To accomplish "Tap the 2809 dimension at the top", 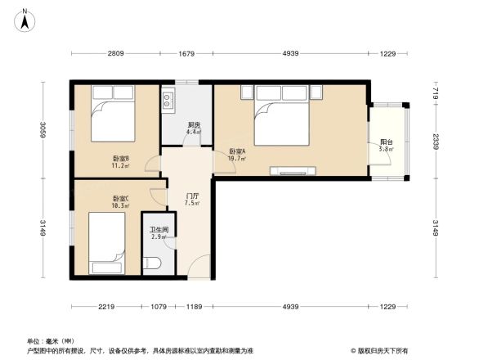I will (114, 54).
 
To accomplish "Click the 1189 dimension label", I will (194, 306).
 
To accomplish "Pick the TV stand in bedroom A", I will (292, 171).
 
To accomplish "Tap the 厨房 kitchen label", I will (194, 125).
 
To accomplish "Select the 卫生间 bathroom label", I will (159, 230).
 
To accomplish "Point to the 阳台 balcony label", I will (386, 142).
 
